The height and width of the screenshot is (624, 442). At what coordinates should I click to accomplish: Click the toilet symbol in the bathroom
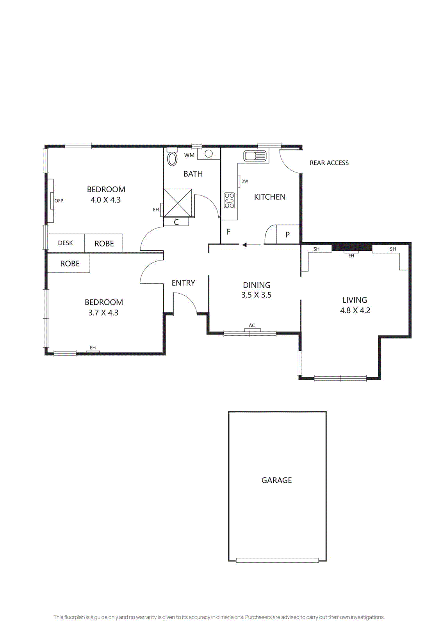[x=172, y=158]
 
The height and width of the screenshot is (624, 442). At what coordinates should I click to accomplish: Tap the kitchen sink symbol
[x=255, y=156]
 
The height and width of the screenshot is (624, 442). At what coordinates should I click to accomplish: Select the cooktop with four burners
[x=230, y=200]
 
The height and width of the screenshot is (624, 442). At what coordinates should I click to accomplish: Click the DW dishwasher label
[x=244, y=181]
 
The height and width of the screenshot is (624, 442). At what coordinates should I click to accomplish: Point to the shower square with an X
[x=178, y=203]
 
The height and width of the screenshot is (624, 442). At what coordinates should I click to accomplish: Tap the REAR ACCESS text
[x=329, y=163]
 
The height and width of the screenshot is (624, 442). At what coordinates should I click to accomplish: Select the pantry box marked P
[x=288, y=234]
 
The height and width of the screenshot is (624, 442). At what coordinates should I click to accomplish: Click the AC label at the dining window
[x=252, y=325]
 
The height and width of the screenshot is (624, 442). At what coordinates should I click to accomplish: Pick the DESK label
[x=65, y=243]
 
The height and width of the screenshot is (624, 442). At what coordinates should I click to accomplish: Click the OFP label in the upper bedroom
[x=59, y=200]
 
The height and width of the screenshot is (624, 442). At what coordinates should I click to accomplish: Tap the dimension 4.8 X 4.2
[x=355, y=310]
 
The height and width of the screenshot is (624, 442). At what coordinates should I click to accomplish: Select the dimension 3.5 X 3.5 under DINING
[x=256, y=295]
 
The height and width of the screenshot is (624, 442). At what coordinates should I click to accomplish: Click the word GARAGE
[x=276, y=480]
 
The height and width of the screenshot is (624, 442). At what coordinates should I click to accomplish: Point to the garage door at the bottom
[x=277, y=560]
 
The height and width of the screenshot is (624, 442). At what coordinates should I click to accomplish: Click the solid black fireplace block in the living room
[x=351, y=247]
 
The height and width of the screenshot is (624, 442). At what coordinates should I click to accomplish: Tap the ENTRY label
[x=183, y=283]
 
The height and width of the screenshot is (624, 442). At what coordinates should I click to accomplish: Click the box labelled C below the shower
[x=176, y=222]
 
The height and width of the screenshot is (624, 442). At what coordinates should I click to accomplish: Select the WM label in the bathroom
[x=189, y=155]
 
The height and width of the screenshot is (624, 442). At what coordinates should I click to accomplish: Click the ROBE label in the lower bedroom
[x=70, y=264]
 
